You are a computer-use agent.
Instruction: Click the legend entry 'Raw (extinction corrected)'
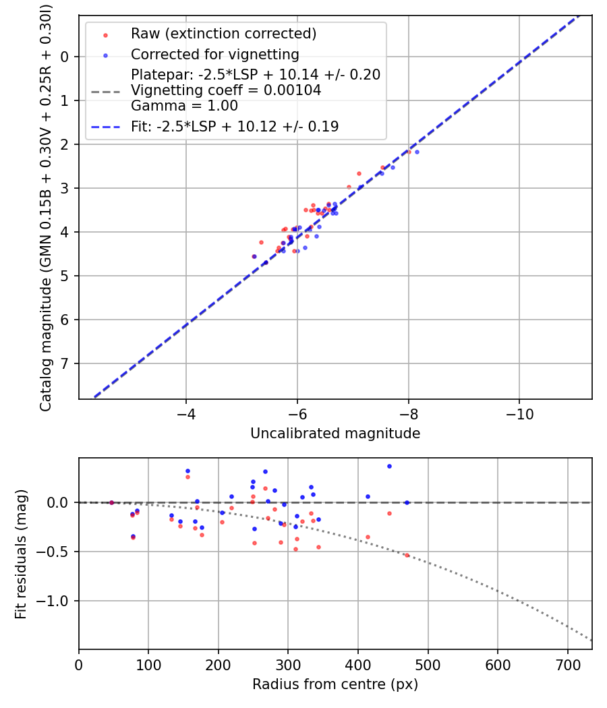(223, 34)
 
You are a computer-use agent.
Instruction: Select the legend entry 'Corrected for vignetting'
(214, 54)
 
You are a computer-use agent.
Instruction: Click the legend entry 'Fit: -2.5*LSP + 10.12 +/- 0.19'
(235, 127)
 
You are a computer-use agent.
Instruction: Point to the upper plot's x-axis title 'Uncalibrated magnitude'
(335, 434)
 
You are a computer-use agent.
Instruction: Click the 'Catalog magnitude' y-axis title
(46, 206)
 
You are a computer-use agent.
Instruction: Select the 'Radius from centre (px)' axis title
(335, 684)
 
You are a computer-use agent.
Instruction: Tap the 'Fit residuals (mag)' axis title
(22, 554)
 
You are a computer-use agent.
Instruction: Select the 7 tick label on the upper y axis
(65, 363)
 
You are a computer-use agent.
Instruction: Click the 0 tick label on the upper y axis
(65, 57)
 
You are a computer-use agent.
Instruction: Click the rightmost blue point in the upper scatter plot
(417, 152)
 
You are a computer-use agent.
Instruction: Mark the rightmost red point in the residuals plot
(407, 555)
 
